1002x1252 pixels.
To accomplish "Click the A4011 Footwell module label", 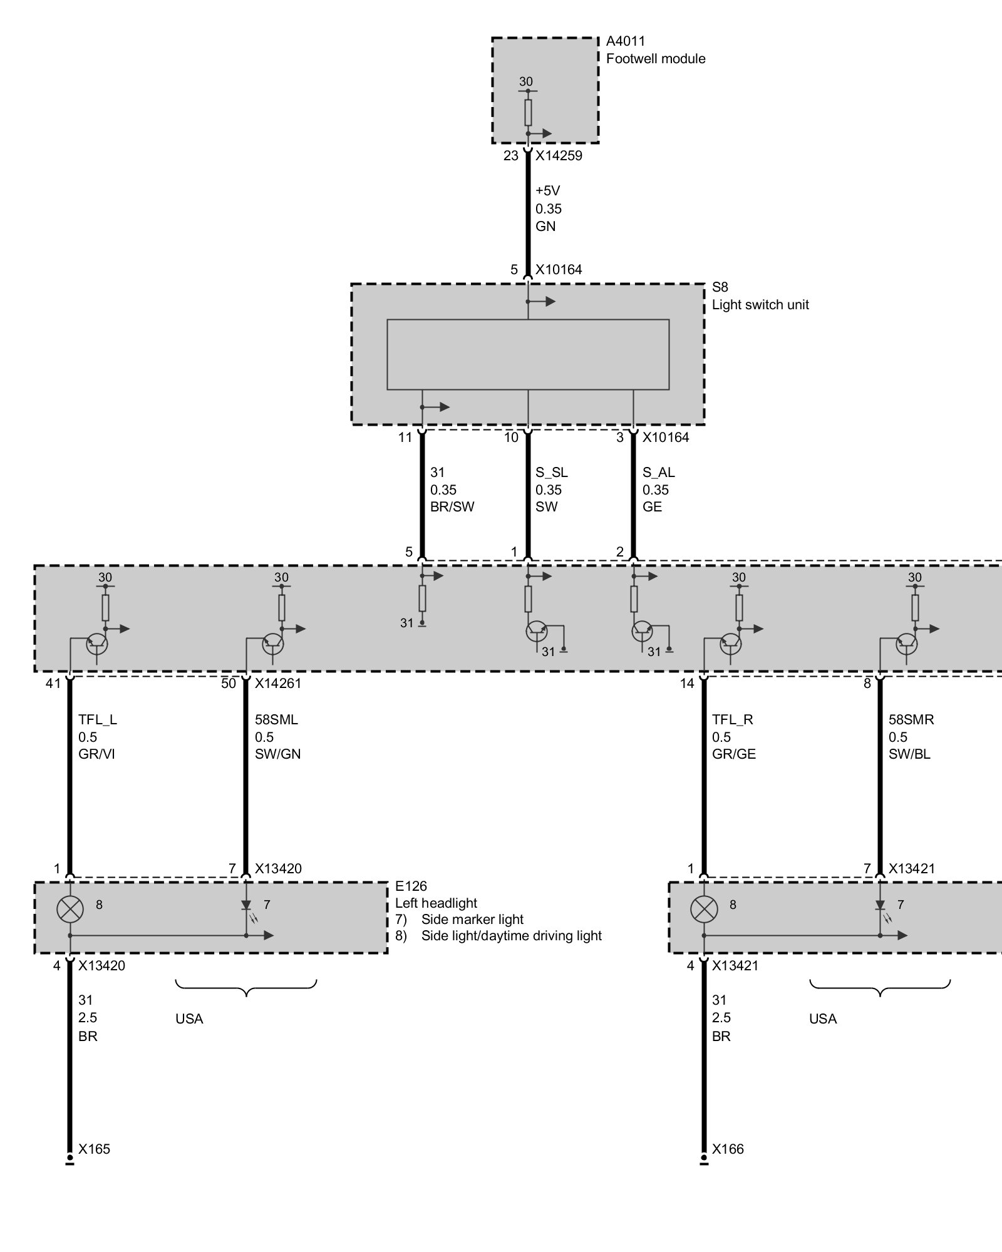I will click(655, 50).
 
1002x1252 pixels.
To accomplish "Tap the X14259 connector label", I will click(559, 156).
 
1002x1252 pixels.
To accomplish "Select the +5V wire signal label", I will click(547, 191).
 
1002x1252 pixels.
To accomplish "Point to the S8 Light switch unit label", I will click(760, 297).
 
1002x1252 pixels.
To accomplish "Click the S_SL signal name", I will click(551, 473).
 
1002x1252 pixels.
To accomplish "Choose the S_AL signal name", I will click(658, 473).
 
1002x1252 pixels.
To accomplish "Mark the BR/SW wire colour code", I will click(452, 507).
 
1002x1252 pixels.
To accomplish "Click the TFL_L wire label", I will click(97, 720).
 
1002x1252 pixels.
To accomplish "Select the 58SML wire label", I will click(276, 720).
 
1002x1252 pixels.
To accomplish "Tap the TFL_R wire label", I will click(732, 720).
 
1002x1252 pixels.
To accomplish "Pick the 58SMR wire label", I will click(911, 720).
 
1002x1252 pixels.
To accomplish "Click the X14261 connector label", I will click(277, 684).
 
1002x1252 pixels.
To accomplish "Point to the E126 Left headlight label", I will click(435, 895).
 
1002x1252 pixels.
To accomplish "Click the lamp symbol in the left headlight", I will click(70, 910).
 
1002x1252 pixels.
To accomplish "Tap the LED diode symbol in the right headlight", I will click(880, 906).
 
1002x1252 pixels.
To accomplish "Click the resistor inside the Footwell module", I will click(528, 113).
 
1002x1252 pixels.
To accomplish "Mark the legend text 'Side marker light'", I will click(472, 920).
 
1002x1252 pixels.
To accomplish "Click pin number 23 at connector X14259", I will click(510, 156).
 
